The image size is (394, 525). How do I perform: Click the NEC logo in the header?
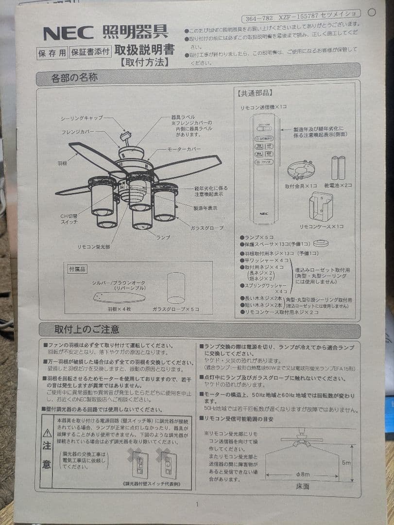[x=69, y=33]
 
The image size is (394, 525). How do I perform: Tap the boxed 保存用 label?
[x=51, y=53]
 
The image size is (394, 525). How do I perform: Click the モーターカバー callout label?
[x=184, y=149]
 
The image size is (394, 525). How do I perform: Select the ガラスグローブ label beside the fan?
[x=207, y=227]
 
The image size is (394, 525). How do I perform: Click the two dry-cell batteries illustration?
[x=338, y=168]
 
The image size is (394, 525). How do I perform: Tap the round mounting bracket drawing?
[x=301, y=170]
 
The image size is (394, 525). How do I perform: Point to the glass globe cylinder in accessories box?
[x=176, y=288]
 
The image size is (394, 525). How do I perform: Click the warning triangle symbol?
[x=47, y=433]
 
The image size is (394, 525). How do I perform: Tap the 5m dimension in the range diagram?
[x=345, y=463]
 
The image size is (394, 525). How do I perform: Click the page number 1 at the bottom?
[x=197, y=504]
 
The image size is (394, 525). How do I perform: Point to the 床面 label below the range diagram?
[x=303, y=486]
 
